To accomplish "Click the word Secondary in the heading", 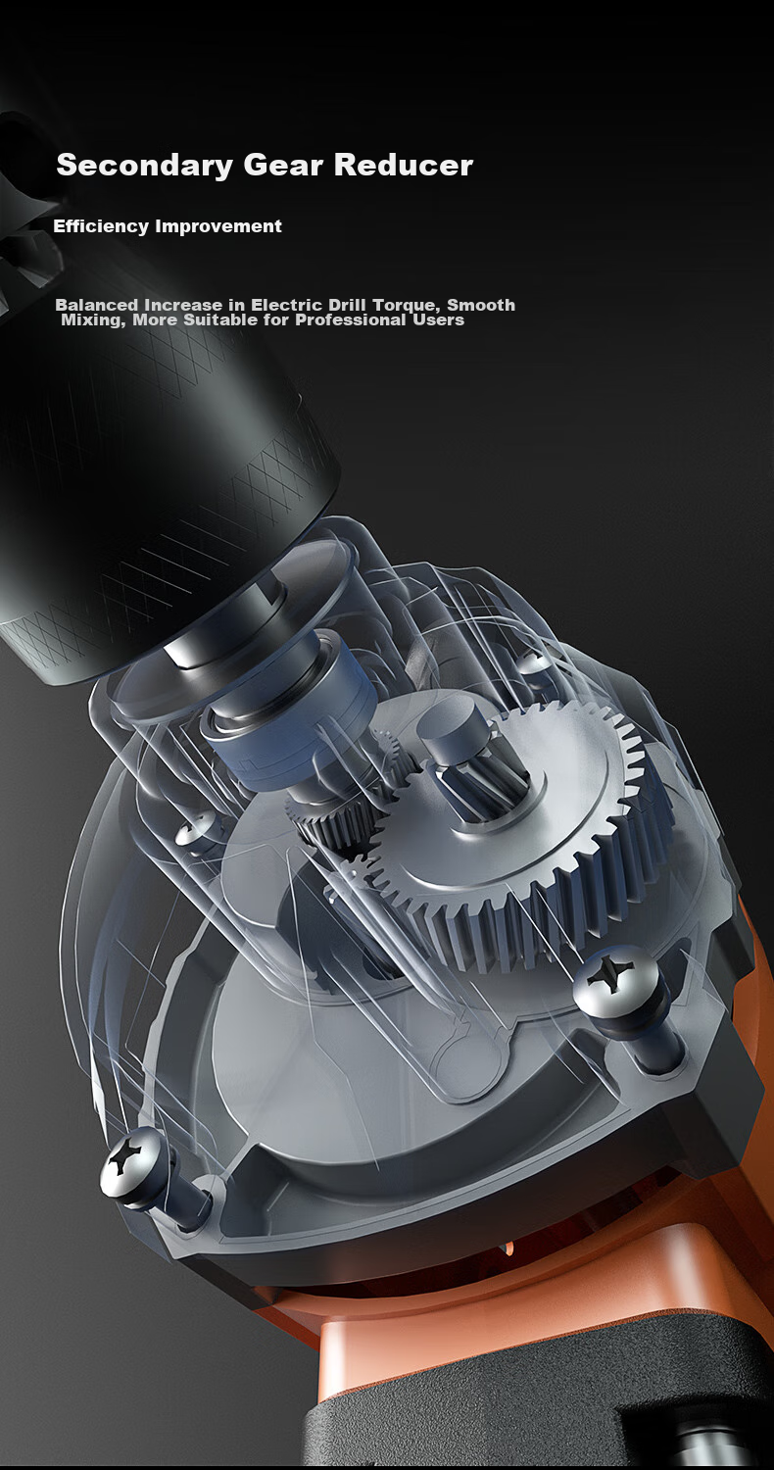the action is point(144,166).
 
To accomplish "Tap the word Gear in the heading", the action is point(283,165).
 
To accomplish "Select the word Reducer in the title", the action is point(404,165).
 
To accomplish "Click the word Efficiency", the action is point(101,226).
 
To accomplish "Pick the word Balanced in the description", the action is point(97,305).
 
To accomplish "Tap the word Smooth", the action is point(481,305).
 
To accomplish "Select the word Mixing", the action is point(94,320).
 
